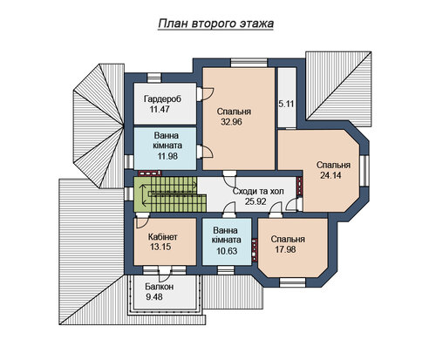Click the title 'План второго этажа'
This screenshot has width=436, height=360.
(x=216, y=24)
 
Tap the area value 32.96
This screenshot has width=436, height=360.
(x=231, y=122)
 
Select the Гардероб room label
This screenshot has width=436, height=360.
(x=162, y=98)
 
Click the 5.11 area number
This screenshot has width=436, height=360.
(x=287, y=104)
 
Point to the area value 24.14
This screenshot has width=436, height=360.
(x=330, y=175)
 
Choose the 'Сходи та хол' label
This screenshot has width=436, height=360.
(x=258, y=191)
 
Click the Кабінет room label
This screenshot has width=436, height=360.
(x=163, y=236)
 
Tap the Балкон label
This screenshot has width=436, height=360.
(x=160, y=287)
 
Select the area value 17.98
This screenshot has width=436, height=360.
(x=285, y=249)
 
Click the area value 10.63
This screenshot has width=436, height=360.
(x=227, y=251)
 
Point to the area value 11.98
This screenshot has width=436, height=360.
(x=167, y=156)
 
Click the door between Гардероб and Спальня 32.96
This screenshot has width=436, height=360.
(x=206, y=94)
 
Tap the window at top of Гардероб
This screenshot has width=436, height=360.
(x=153, y=78)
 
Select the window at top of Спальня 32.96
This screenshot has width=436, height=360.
(x=249, y=63)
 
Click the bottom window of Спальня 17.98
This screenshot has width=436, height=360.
(x=292, y=282)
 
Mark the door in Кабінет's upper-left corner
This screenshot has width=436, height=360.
(x=143, y=221)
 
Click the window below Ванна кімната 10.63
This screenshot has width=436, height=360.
(x=226, y=270)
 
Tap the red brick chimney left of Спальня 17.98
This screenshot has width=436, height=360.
(x=255, y=250)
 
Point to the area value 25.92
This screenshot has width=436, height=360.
(x=255, y=201)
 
